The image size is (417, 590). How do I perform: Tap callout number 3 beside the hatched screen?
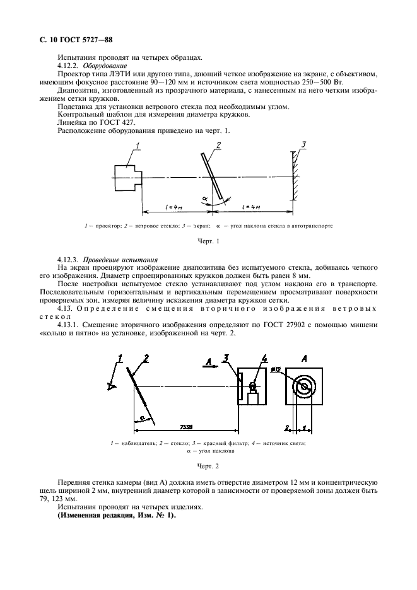tap(303, 146)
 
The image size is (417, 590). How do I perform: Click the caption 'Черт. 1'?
tap(208, 241)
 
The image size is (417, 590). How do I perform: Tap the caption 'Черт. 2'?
tap(208, 467)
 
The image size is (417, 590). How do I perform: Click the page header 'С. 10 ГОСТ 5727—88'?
tap(76, 39)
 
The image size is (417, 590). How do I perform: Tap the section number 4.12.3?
tap(69, 260)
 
